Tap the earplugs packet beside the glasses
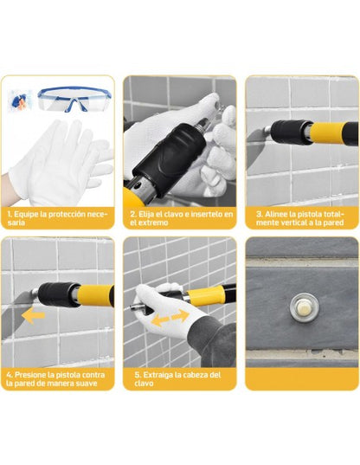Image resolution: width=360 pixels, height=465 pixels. pos(20,100)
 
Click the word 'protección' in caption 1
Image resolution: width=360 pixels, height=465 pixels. pos(74,214)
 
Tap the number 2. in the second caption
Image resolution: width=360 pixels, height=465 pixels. pos(133,214)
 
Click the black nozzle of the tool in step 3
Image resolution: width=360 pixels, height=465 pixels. pos(291,132)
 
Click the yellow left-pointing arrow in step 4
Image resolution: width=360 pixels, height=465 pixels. pos(33,316)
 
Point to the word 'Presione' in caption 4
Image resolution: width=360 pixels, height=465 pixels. pos(29,375)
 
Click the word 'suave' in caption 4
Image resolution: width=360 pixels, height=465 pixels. pos(86,384)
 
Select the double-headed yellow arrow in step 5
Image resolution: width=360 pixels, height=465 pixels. pos(170,318)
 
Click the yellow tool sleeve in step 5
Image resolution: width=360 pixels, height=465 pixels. pos(205,295)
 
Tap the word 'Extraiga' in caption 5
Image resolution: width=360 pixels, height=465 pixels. pos(157,375)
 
